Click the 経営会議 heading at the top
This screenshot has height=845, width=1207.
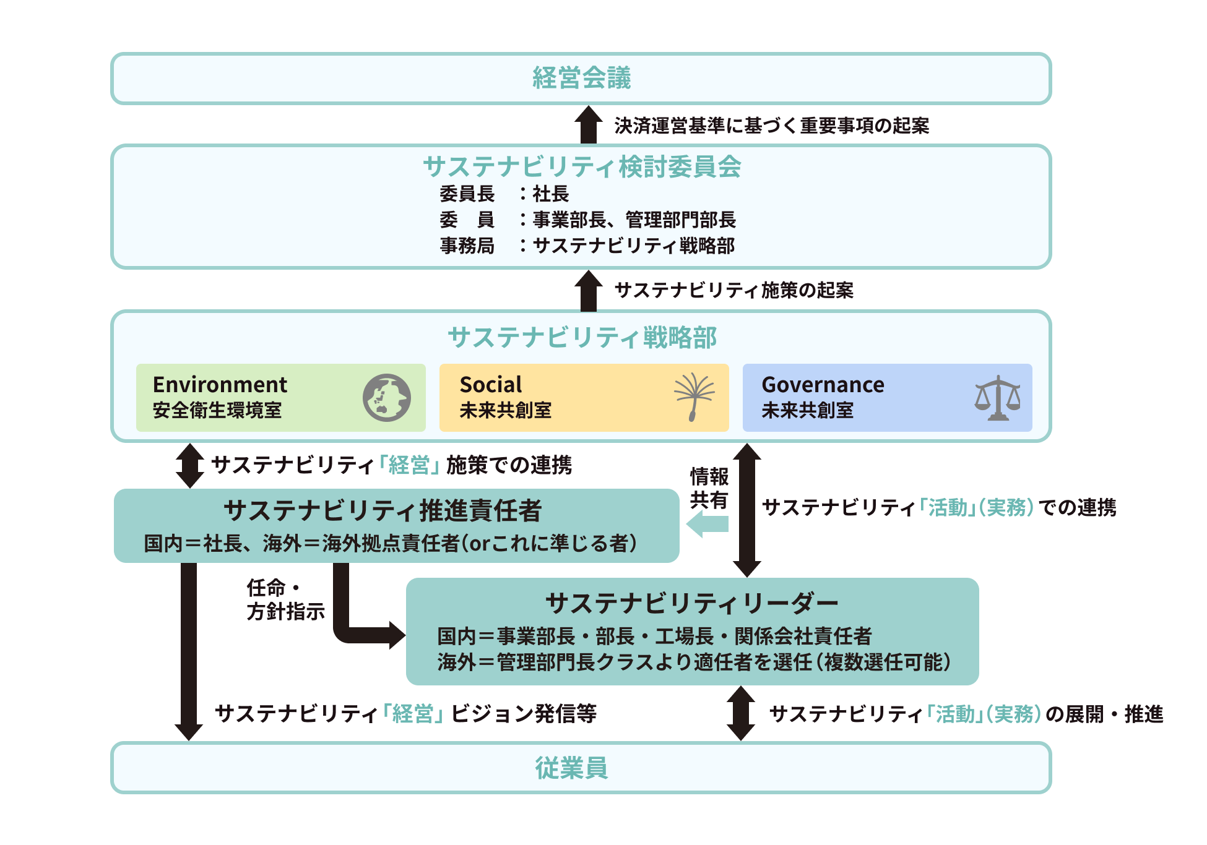tap(581, 79)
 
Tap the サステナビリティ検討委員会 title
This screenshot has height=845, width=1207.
tap(581, 167)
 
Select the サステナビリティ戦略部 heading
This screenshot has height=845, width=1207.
tap(581, 338)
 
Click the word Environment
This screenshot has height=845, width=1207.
tap(220, 385)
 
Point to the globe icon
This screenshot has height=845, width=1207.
tap(387, 398)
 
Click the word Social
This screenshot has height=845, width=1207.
tap(491, 385)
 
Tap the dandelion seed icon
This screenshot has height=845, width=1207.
tap(694, 397)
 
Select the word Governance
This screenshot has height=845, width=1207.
tap(823, 385)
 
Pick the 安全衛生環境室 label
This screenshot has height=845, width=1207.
tap(217, 411)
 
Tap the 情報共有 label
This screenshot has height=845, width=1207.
tap(709, 488)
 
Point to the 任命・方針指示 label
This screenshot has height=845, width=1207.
tap(285, 599)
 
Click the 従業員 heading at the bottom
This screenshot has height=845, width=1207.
tap(571, 768)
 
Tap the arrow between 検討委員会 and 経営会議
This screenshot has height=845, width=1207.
tap(588, 124)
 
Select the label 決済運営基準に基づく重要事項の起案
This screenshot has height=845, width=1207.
tap(771, 126)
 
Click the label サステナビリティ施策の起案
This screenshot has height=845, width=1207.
tap(733, 290)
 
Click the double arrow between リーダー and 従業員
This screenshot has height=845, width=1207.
tap(740, 713)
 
